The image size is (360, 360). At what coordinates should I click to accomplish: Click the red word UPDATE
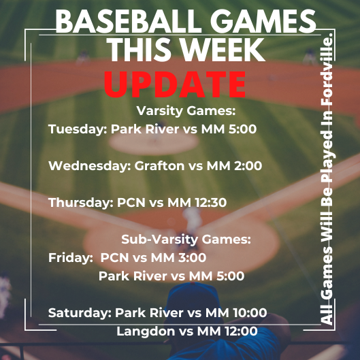175,84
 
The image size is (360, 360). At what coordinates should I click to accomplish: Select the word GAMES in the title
263,22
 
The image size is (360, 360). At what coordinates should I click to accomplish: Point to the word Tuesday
76,129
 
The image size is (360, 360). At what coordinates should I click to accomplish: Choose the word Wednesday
88,165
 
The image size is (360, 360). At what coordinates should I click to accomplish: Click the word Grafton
159,165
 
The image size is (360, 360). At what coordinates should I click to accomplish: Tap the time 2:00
248,166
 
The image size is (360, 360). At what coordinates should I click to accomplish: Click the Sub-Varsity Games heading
186,240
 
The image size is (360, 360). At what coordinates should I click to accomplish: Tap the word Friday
69,258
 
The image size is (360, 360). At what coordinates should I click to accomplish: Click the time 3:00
192,258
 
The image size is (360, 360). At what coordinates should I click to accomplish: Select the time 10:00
250,313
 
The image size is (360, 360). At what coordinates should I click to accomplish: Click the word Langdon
146,331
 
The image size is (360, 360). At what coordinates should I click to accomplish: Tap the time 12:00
241,331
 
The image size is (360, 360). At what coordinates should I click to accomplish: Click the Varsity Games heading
186,111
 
